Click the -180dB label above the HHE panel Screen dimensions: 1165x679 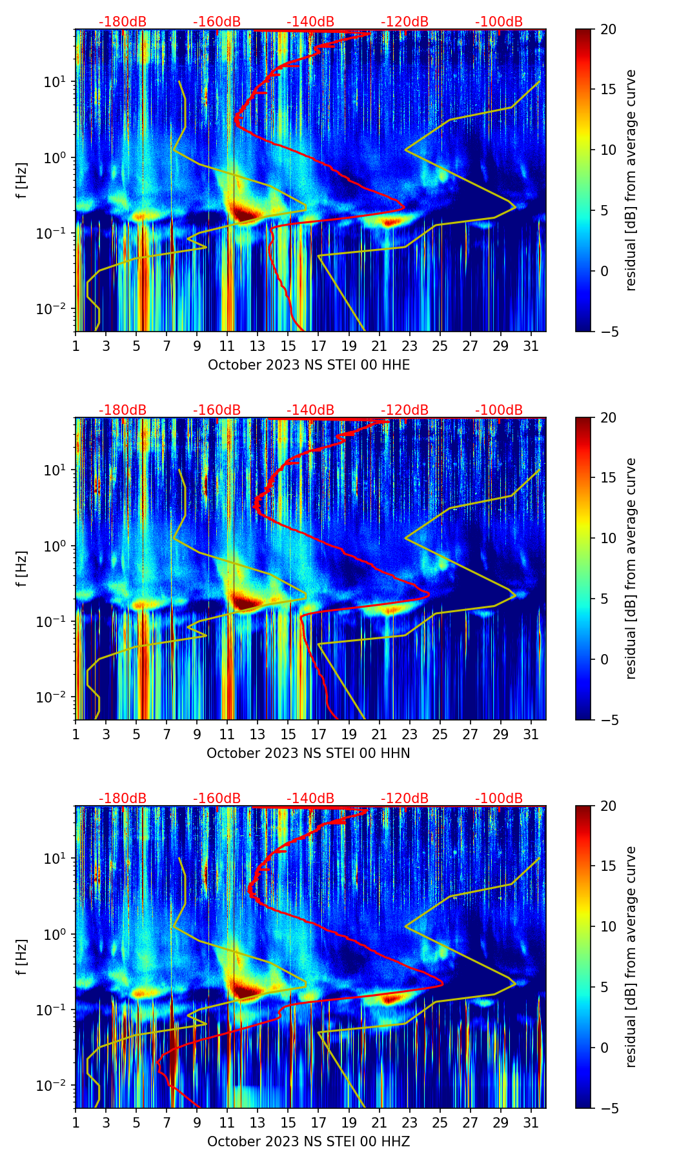coord(123,22)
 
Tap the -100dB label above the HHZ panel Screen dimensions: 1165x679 coord(499,799)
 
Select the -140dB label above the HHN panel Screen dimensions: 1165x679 coord(310,410)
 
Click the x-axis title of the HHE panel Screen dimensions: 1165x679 coord(309,365)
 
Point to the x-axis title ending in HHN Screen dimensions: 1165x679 coord(309,753)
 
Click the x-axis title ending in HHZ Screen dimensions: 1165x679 coord(309,1142)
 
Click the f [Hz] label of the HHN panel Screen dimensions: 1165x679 coord(23,568)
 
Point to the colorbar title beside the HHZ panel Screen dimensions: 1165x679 coord(631,957)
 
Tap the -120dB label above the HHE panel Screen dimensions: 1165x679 coord(405,22)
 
